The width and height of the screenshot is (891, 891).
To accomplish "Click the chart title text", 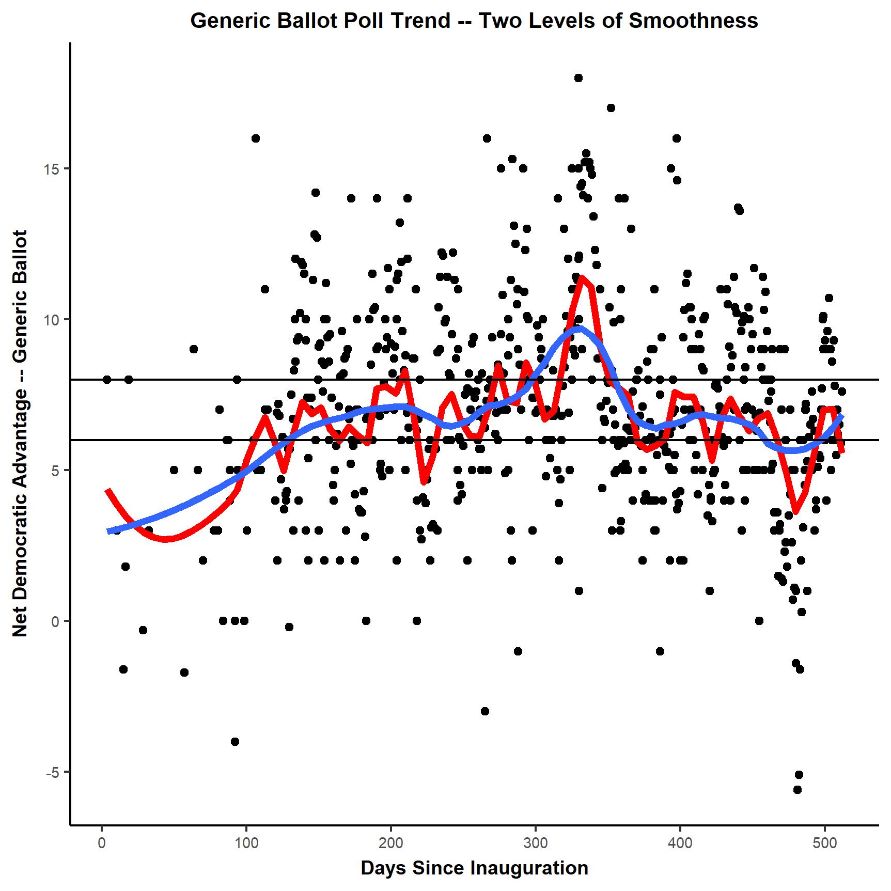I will tap(474, 21).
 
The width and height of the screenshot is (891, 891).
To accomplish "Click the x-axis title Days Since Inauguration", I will tap(474, 868).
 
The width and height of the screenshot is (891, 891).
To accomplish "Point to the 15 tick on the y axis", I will tap(52, 169).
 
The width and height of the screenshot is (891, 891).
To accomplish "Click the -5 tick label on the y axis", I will tap(51, 772).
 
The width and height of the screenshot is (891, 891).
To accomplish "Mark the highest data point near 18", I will tap(579, 78).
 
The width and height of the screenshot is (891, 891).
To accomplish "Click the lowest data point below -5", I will tap(798, 790).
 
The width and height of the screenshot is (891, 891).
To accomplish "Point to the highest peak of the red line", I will tap(582, 278).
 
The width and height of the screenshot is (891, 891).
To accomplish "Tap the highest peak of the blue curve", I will tap(580, 327).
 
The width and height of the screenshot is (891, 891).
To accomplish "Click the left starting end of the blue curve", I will tap(109, 531).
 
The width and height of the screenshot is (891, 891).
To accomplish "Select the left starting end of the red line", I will tap(107, 490).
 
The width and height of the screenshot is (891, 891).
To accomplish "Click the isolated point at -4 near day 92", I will tap(235, 742).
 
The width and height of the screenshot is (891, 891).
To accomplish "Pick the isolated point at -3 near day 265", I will tap(484, 711).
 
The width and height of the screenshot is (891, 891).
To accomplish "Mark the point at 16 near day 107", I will tap(255, 138).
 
